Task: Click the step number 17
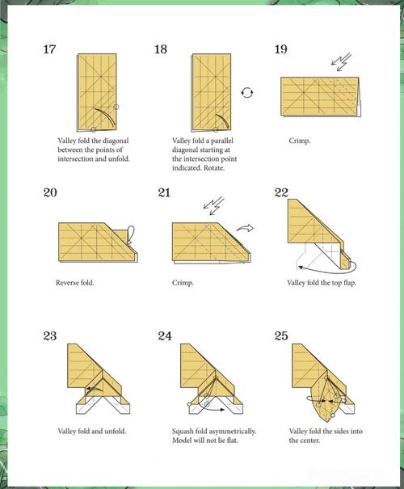pyautogui.click(x=49, y=49)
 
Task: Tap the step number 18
pyautogui.click(x=161, y=49)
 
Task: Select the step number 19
pyautogui.click(x=281, y=49)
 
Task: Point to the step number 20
pyautogui.click(x=50, y=192)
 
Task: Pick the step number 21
pyautogui.click(x=164, y=192)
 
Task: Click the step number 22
pyautogui.click(x=281, y=192)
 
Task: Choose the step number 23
pyautogui.click(x=50, y=336)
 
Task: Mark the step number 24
pyautogui.click(x=165, y=336)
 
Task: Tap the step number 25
pyautogui.click(x=281, y=336)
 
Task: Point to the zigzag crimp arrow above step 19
pyautogui.click(x=341, y=61)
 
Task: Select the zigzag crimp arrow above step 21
pyautogui.click(x=213, y=206)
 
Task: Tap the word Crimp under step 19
pyautogui.click(x=299, y=141)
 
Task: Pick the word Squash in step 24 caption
pyautogui.click(x=183, y=432)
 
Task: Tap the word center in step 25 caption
pyautogui.click(x=310, y=441)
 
